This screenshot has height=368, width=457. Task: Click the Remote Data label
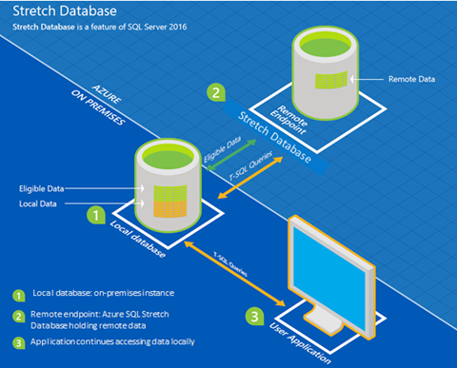coord(412,80)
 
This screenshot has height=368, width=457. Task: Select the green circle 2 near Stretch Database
coord(216,93)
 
